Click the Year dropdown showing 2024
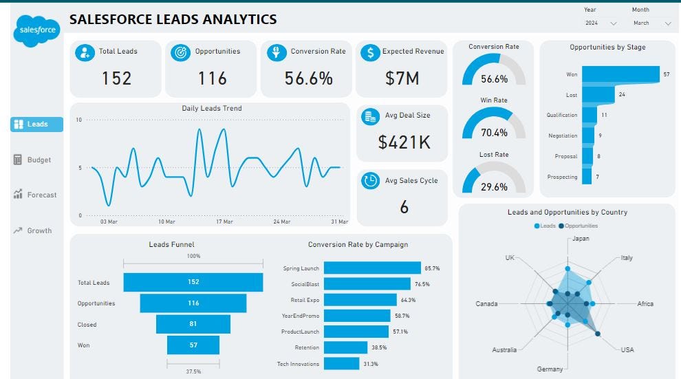601,23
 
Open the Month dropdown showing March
651,23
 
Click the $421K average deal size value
404,142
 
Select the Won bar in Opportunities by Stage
620,74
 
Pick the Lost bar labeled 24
598,94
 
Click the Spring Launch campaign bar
372,268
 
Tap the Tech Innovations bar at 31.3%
341,363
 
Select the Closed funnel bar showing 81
193,324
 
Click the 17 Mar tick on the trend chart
224,222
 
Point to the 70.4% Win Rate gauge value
494,133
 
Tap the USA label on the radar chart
627,349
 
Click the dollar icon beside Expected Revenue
371,52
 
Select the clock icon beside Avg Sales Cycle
370,180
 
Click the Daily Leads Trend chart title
211,108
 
